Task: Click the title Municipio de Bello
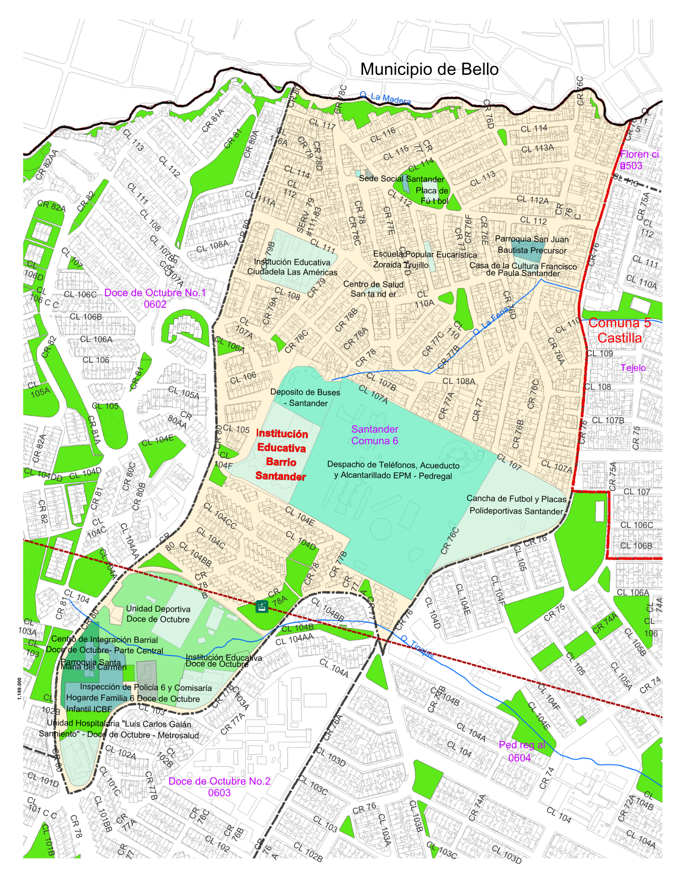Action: (429, 70)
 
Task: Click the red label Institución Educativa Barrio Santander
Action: (281, 455)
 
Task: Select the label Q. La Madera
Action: (385, 98)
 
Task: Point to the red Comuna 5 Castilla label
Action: (619, 330)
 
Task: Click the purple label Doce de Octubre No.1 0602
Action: (155, 298)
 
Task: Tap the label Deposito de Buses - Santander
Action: (305, 398)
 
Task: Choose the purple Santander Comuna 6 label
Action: (375, 435)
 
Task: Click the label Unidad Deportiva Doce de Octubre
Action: (158, 614)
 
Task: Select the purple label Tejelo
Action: (633, 368)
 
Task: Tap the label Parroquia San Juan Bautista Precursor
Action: (532, 245)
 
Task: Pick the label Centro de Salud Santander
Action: (373, 289)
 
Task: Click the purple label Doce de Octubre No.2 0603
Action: (219, 787)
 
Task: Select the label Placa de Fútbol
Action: (434, 195)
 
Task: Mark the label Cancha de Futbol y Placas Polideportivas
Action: (516, 505)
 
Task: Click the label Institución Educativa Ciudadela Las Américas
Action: (293, 267)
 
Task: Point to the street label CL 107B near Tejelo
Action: (608, 421)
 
